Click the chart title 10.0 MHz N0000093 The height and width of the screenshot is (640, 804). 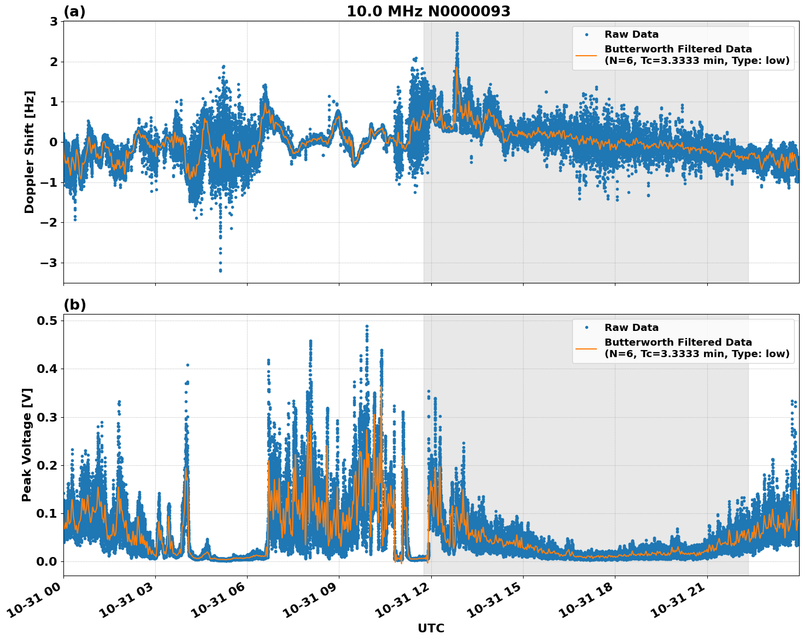coord(428,11)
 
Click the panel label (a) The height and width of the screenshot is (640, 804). coord(74,11)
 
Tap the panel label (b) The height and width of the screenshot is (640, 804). coord(74,305)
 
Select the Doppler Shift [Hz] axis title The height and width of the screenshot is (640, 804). coord(29,152)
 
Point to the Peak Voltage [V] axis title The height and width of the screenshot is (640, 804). coord(27,445)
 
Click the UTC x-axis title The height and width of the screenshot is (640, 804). coord(431,628)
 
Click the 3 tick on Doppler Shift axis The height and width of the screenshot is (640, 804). coord(54,21)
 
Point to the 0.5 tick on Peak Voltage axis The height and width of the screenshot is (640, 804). coord(47,321)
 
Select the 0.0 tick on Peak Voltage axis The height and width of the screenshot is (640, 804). coord(47,561)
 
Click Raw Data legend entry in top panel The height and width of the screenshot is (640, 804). coord(631,34)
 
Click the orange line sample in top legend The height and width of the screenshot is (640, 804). coord(586,55)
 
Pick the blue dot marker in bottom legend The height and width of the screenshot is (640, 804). coord(586,328)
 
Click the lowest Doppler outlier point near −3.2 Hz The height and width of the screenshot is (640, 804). coord(220,270)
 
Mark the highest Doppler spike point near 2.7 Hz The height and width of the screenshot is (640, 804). coord(457,33)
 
